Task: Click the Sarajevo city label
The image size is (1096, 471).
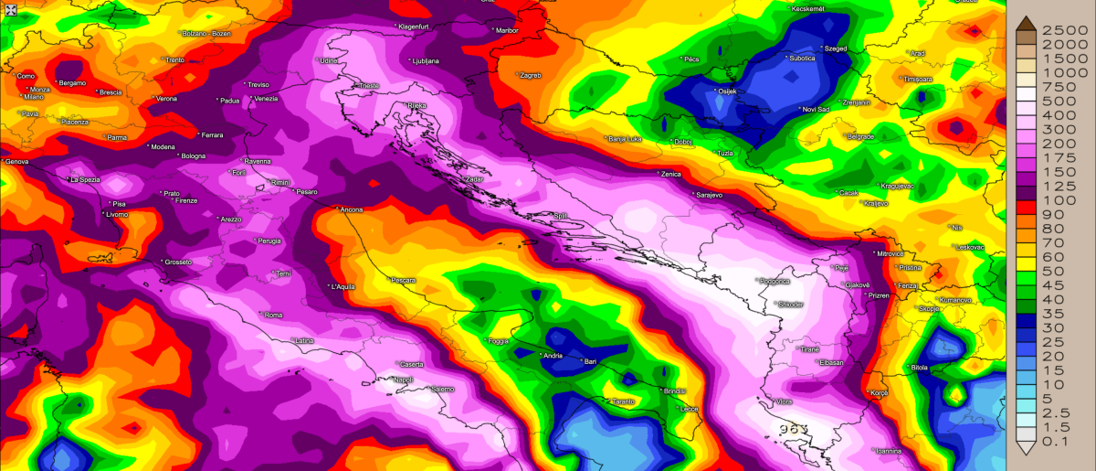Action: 710,195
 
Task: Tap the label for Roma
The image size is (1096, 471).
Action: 273,316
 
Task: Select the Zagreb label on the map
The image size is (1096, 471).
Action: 531,75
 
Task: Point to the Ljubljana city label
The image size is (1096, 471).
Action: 426,61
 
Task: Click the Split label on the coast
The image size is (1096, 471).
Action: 561,216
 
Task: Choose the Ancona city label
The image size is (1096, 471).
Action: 351,209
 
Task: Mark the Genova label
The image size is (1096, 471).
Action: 16,162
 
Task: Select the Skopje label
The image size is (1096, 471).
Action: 929,309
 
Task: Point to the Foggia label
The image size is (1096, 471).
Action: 499,341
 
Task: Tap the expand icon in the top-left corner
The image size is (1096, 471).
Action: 10,10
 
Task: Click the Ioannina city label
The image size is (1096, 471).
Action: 887,451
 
